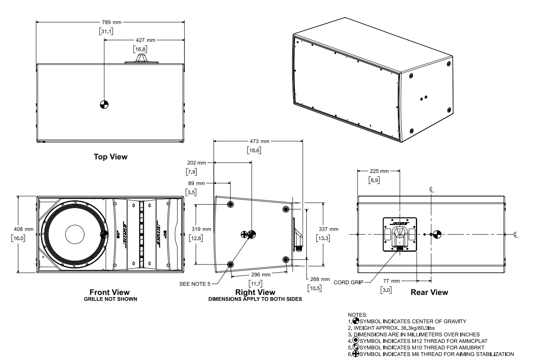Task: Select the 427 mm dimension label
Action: point(144,39)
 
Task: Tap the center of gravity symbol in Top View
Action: point(104,104)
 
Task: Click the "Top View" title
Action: point(110,157)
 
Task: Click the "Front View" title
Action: point(110,292)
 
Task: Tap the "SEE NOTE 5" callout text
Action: point(195,283)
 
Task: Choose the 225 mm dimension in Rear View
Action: point(379,171)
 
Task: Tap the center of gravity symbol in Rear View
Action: point(436,234)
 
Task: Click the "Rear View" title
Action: point(429,292)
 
